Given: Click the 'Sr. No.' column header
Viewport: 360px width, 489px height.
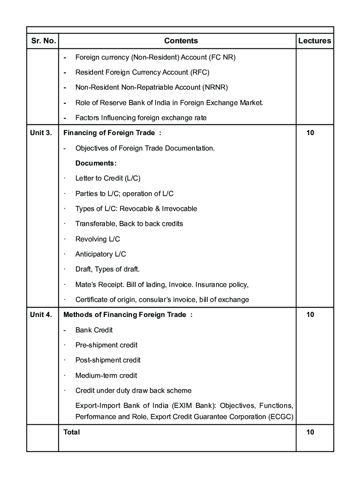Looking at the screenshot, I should coord(43,41).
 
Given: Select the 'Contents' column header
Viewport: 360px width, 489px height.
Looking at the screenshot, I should coord(181,41).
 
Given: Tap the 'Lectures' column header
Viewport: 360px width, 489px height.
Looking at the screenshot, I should coord(315,41).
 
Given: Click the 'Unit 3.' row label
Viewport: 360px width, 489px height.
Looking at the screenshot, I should coord(41,133).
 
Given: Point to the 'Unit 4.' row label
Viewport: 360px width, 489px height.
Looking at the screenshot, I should coord(41,315).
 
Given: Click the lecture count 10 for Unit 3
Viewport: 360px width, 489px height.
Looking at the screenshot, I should coord(310,133).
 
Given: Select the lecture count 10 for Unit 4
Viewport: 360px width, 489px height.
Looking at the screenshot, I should coord(310,315).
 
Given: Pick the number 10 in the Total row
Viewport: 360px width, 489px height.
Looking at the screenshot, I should coord(310,432).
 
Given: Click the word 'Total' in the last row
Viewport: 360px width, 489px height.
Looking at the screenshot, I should coord(72,432).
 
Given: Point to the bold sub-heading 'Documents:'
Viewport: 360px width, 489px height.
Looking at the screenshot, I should coord(96,163).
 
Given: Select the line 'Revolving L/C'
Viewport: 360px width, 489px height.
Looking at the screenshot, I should coord(97,239).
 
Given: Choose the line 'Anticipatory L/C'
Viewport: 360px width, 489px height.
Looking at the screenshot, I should coord(101,254).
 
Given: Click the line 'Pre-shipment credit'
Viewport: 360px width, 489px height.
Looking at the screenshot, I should coord(106,345).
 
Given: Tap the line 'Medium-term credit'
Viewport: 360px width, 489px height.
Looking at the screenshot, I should coord(106,375).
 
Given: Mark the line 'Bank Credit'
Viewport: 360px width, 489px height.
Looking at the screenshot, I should coord(94,330).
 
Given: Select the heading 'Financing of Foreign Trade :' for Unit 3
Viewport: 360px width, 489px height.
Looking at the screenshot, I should coord(112,133).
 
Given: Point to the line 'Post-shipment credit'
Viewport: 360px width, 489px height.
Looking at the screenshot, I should coord(108,360).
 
